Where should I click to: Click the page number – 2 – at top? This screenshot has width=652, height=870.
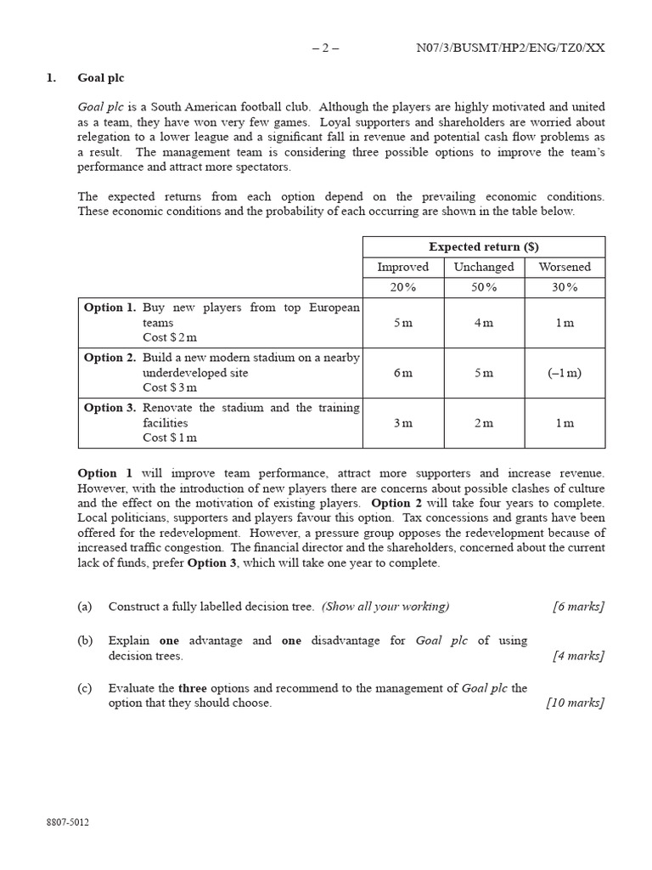(325, 48)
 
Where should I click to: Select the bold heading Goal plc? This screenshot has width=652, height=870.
(100, 77)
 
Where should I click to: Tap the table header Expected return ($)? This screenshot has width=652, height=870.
(484, 246)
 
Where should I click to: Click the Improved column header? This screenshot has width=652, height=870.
(403, 267)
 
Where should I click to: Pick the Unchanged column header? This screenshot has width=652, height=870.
(484, 267)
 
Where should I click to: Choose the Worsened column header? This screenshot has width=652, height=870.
(565, 267)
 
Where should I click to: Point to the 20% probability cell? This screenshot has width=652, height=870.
(403, 287)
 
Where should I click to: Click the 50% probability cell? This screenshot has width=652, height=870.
(484, 287)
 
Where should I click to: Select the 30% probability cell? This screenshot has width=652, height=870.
(565, 287)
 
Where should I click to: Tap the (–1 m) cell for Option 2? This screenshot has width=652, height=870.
(565, 373)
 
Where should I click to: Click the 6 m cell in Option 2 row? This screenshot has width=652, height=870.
(403, 373)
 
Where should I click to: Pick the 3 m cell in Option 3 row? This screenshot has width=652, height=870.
(403, 423)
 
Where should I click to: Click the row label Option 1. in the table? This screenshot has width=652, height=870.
(110, 308)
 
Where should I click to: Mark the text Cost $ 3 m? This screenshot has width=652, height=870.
(170, 387)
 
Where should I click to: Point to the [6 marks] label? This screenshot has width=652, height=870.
(578, 607)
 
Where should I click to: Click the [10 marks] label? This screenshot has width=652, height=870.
(575, 703)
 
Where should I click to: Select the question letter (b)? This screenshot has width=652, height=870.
(84, 641)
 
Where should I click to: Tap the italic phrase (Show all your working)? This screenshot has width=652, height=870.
(385, 607)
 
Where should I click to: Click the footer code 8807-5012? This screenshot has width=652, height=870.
(68, 822)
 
